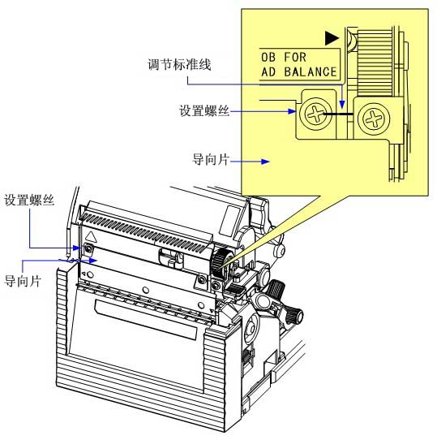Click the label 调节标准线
coord(179,64)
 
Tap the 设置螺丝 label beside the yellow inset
coord(204,110)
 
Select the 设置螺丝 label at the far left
coord(29,200)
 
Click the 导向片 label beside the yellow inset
coord(211,159)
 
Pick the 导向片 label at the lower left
coord(23,281)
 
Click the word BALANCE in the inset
coord(311,71)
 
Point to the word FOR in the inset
coord(295,57)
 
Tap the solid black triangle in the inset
coord(332,38)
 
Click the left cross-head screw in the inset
coord(316,114)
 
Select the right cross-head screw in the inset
coord(374,119)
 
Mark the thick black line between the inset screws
coord(338,114)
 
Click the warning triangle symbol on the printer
coord(91,237)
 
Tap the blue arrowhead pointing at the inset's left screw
coord(292,111)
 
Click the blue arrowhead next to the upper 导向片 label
coord(265,162)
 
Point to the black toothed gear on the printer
coord(218,262)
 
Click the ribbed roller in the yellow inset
coord(375,63)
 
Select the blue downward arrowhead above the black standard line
coord(342,105)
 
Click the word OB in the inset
coord(268,58)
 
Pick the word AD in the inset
coord(268,71)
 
